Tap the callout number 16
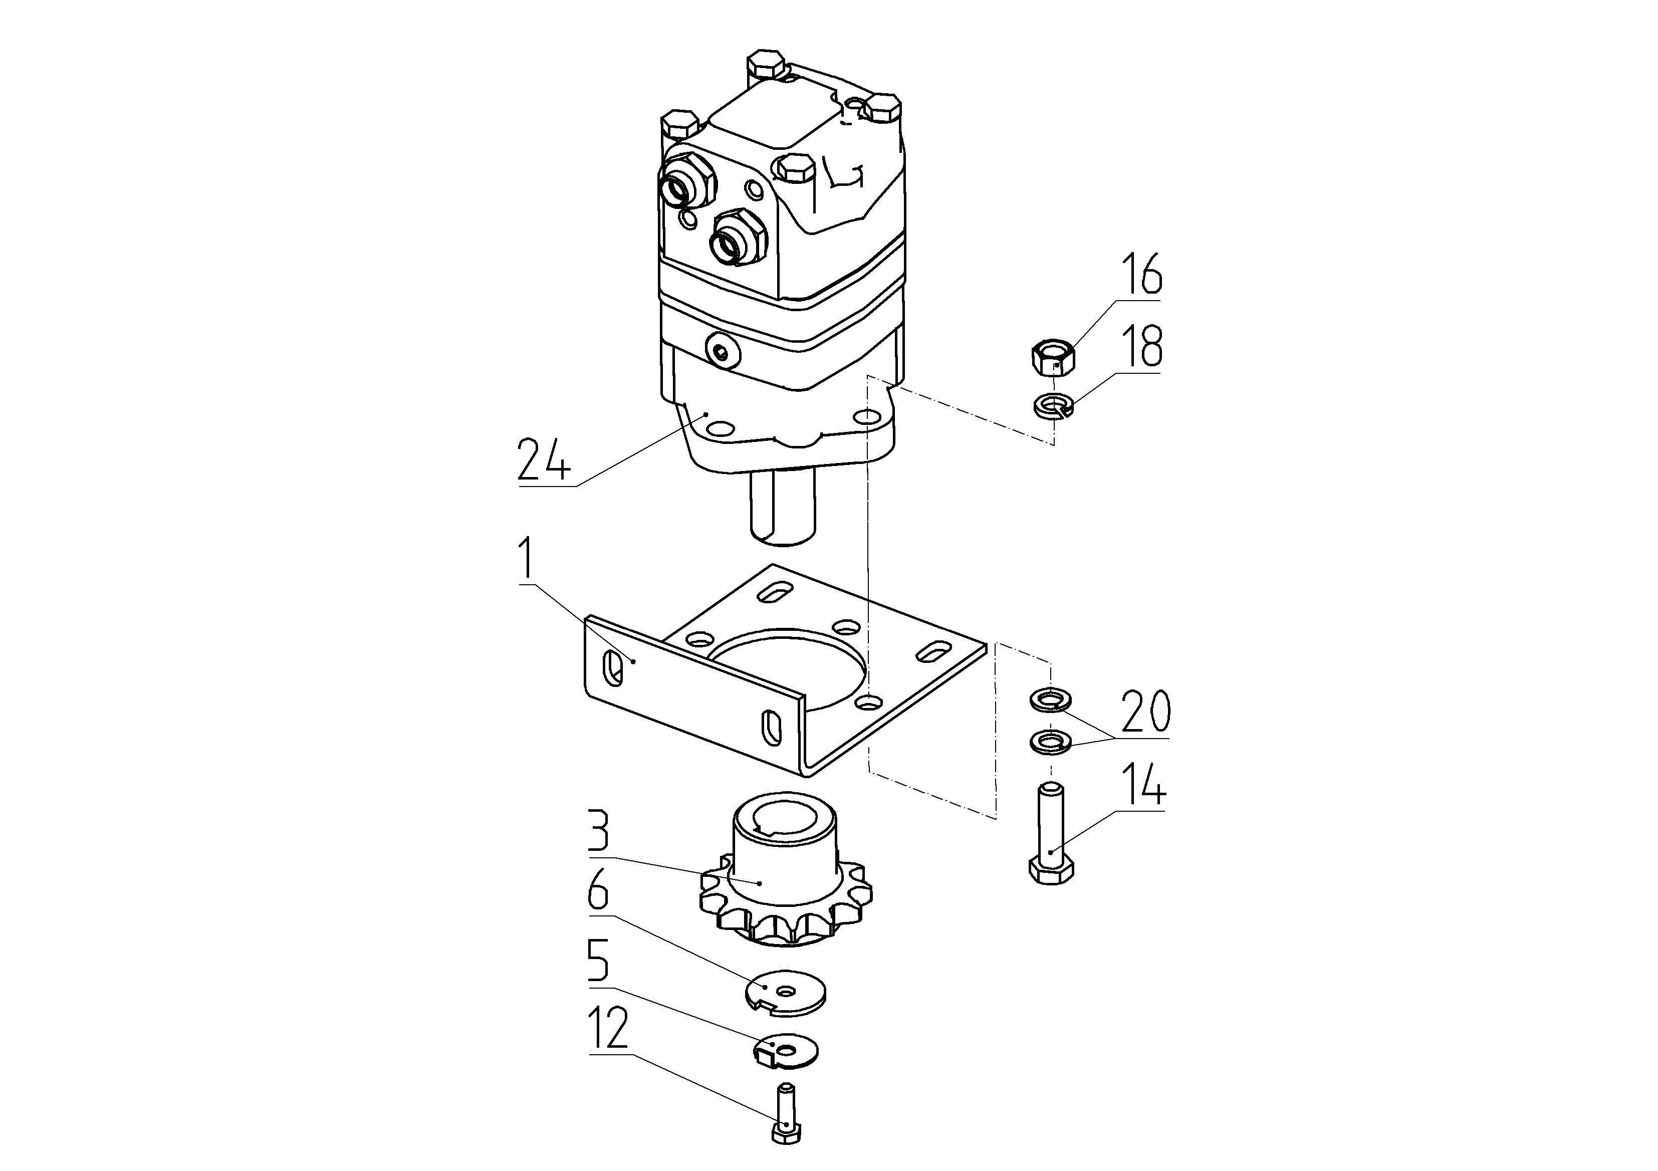(x=1140, y=274)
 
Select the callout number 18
(x=1141, y=347)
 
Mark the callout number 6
(x=599, y=893)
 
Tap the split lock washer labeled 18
(x=1054, y=406)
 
